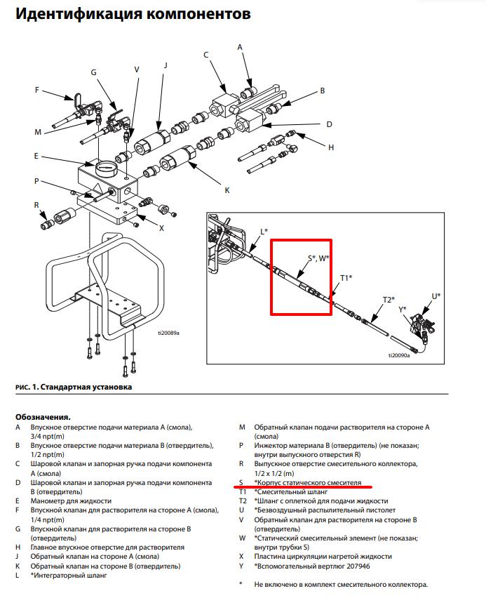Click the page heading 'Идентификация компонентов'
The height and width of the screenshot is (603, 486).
point(133,14)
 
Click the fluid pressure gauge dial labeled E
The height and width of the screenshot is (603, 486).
point(106,168)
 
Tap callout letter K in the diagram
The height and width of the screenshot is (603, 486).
point(227,190)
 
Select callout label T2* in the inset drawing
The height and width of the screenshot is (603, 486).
point(389,300)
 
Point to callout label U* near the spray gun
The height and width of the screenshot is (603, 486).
point(436,296)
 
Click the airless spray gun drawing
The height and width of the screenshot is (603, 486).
point(422,324)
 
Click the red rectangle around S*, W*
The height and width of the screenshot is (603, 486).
point(271,277)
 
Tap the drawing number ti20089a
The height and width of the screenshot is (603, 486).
point(168,333)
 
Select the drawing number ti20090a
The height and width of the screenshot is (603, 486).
point(399,355)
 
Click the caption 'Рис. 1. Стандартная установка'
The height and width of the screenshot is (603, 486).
point(74,387)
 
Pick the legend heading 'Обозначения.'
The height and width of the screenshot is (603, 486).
point(43,417)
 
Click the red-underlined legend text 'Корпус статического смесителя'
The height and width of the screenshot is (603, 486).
point(310,483)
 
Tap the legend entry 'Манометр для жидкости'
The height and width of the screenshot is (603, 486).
point(71,501)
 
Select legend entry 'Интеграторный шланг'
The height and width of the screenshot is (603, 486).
point(70,576)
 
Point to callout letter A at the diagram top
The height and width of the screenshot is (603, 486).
point(240,47)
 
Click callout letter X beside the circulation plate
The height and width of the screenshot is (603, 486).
point(161,228)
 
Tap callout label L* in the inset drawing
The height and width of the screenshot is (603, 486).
point(264,232)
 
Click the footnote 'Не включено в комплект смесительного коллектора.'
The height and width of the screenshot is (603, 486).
point(341,585)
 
